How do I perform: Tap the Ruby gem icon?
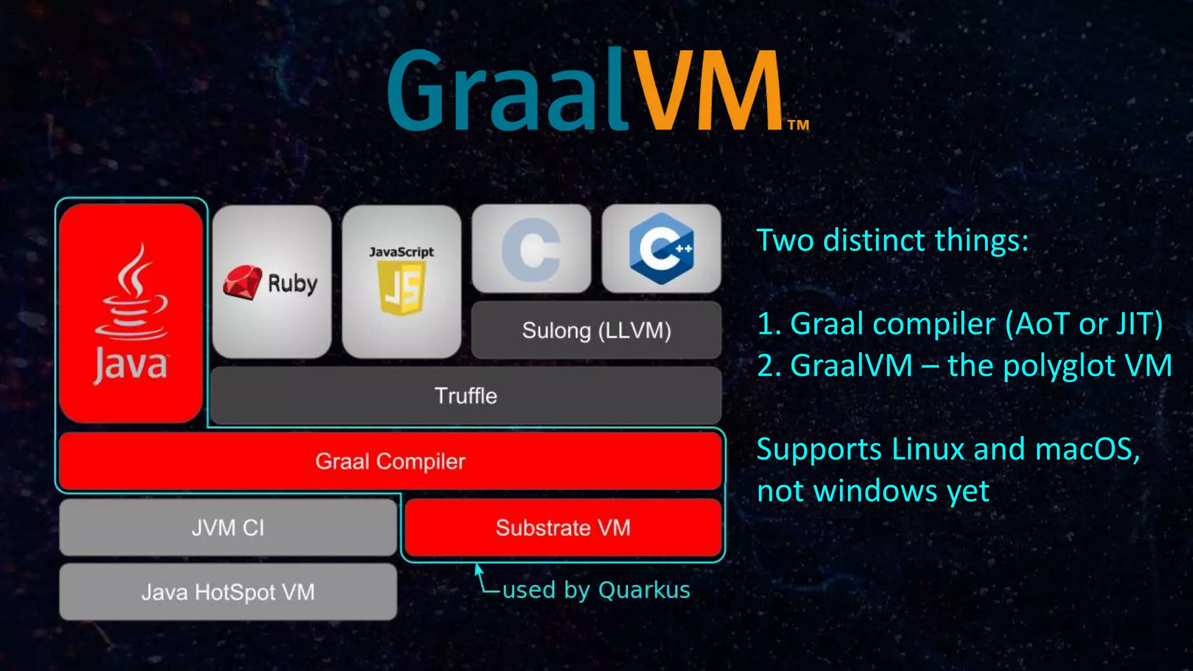pos(242,282)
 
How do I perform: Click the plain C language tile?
pos(531,249)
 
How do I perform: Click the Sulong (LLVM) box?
pos(596,330)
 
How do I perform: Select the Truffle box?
pos(466,396)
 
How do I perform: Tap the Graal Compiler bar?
pos(390,461)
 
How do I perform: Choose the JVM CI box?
pos(228,528)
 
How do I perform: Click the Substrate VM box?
pos(563,528)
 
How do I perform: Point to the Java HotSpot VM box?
pos(228,592)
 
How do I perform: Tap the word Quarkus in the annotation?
pos(644,590)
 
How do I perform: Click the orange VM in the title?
pos(708,90)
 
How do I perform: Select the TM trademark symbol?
pos(798,125)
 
